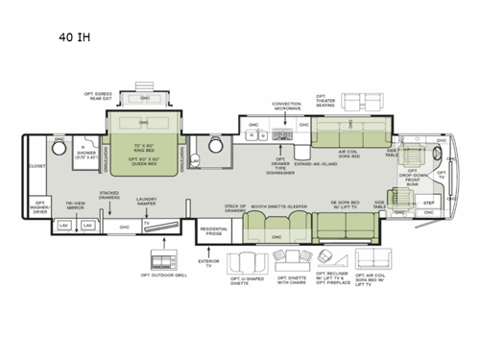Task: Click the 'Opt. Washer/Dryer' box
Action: point(40,207)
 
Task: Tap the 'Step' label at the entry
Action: point(428,204)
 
